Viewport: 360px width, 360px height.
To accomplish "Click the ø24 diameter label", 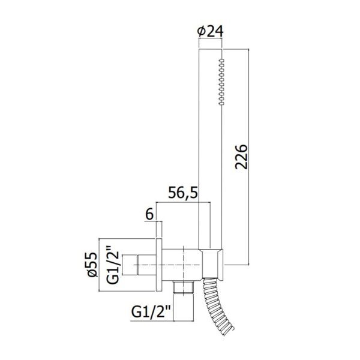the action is (210, 31).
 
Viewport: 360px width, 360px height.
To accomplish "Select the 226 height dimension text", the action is (242, 157).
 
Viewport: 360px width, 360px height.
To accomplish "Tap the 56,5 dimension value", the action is (183, 193).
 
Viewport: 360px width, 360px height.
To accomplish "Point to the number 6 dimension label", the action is (149, 215).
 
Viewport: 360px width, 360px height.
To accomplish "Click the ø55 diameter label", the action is (92, 265).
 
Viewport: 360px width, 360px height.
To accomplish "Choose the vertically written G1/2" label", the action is (113, 265).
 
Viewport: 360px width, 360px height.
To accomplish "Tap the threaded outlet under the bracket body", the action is (184, 287).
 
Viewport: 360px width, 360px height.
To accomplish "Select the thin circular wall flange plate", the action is (159, 265).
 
